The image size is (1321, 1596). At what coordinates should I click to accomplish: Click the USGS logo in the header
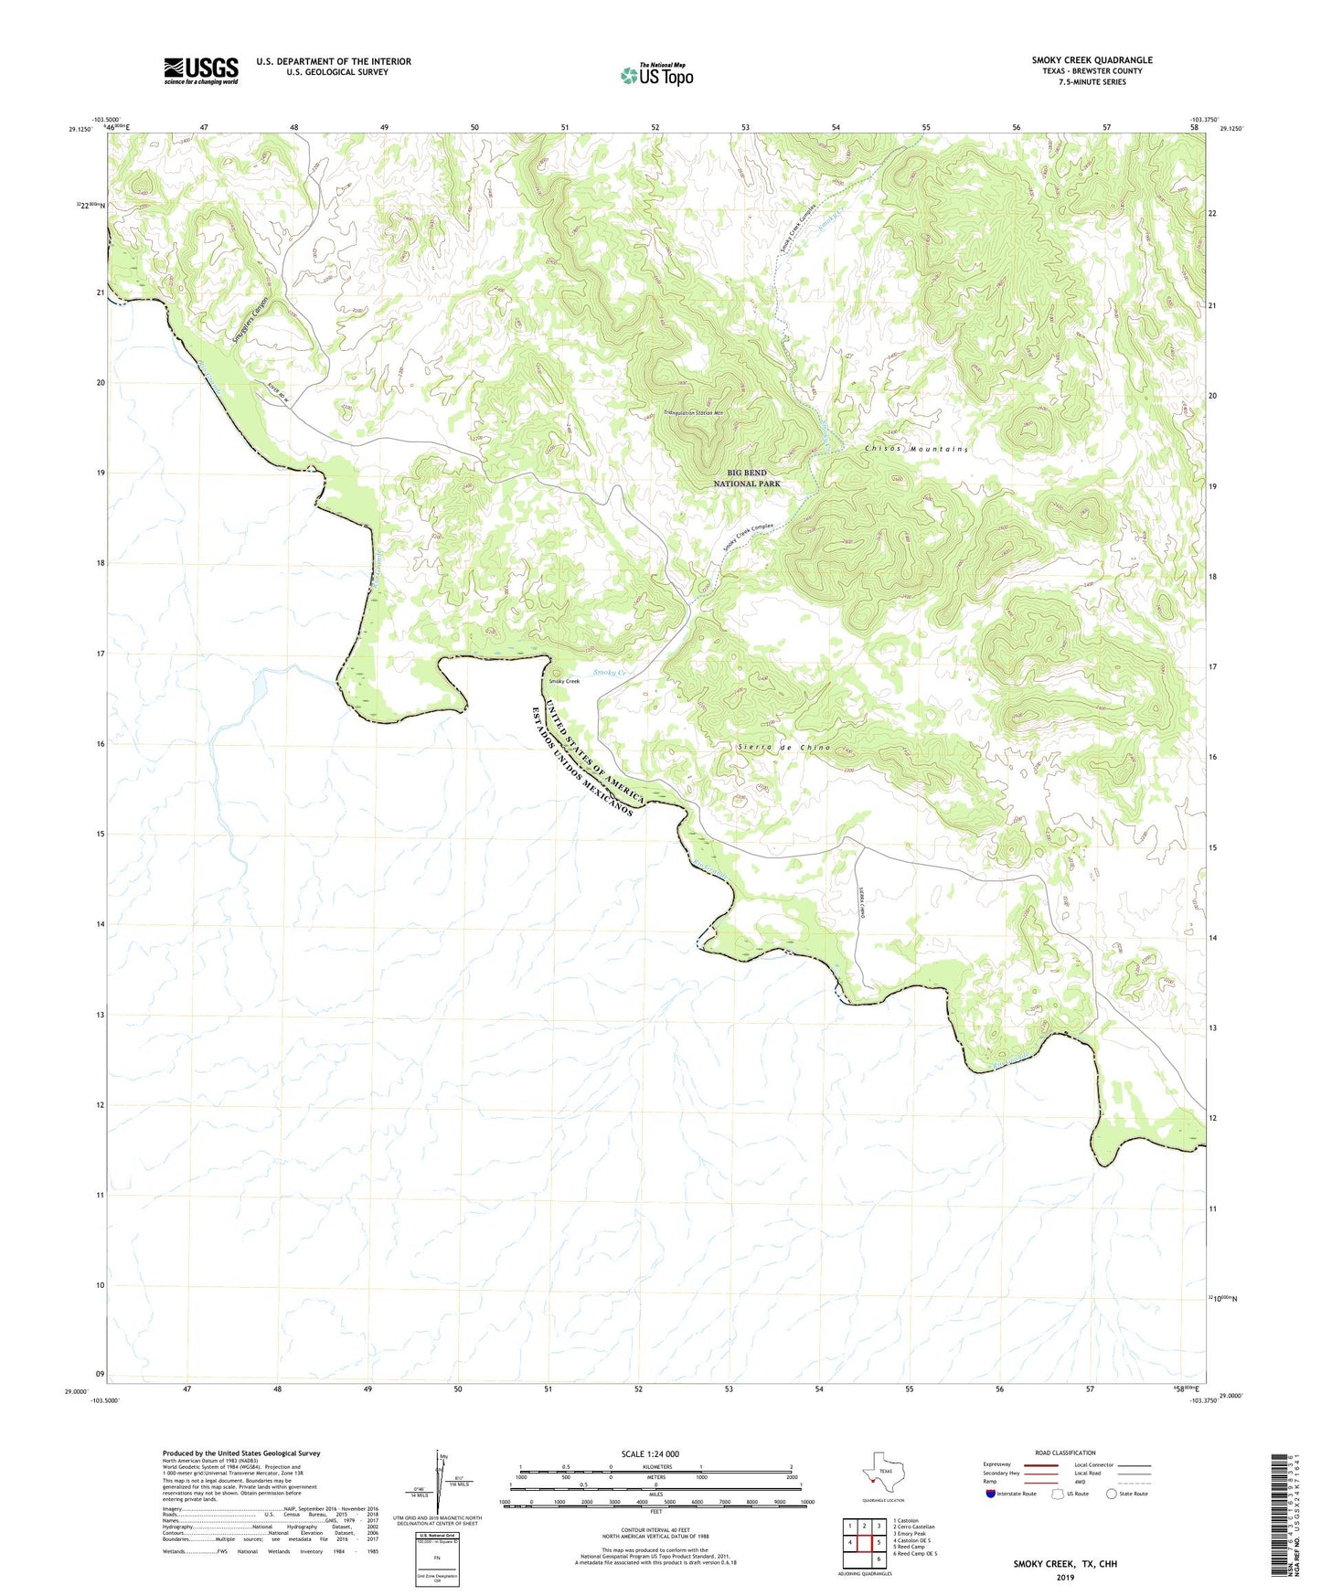click(201, 69)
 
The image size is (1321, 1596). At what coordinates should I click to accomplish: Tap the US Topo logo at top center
click(655, 75)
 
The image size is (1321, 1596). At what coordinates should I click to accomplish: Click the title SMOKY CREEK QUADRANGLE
click(1092, 60)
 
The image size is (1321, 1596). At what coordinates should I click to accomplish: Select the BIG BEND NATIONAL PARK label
click(747, 478)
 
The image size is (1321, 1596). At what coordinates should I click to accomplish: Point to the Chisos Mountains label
click(915, 450)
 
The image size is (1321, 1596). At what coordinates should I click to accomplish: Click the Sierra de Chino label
click(783, 748)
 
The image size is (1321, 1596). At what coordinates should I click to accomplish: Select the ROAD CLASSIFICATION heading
click(1065, 1452)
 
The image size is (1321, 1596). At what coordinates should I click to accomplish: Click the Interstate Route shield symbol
click(991, 1494)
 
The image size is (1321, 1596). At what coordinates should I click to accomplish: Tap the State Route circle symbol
click(1111, 1494)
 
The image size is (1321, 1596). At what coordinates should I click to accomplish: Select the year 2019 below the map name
click(1064, 1578)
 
